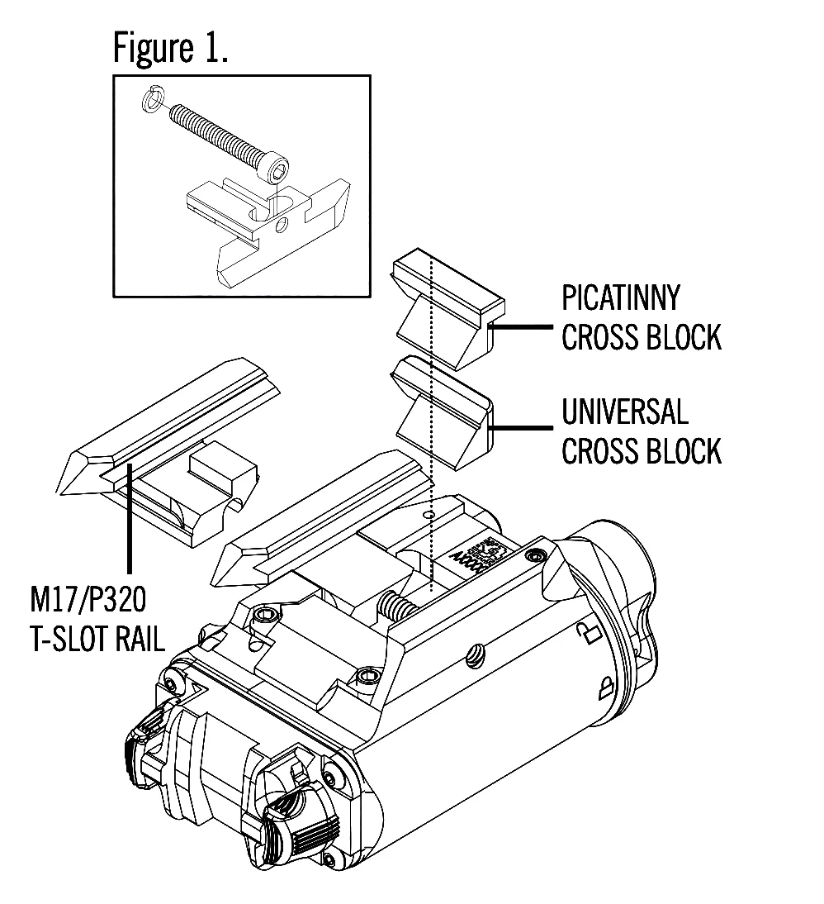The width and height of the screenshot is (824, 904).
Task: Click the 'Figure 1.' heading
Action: pyautogui.click(x=170, y=50)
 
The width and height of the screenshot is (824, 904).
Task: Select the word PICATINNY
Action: pyautogui.click(x=622, y=297)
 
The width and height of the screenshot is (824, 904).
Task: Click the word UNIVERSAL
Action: pyautogui.click(x=625, y=412)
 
